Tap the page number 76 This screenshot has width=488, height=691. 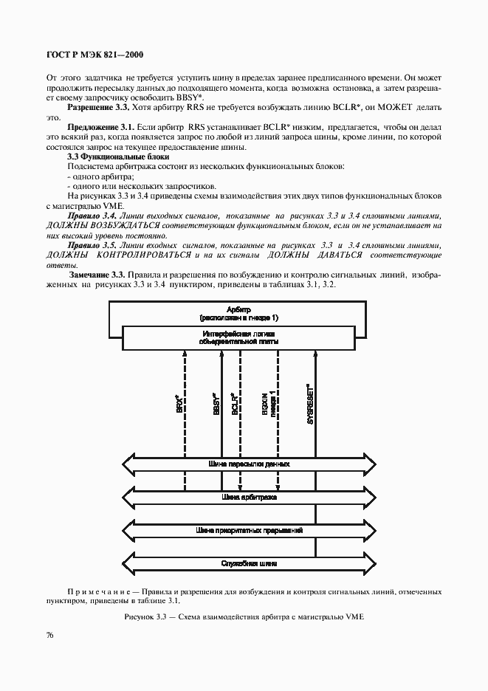(x=50, y=635)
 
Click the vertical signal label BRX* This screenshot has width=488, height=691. (x=179, y=402)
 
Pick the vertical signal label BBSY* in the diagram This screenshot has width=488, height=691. (x=215, y=402)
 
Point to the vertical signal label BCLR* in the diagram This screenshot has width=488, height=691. (x=234, y=402)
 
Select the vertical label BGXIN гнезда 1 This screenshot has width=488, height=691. (x=268, y=402)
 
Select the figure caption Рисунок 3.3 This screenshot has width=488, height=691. (x=243, y=616)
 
